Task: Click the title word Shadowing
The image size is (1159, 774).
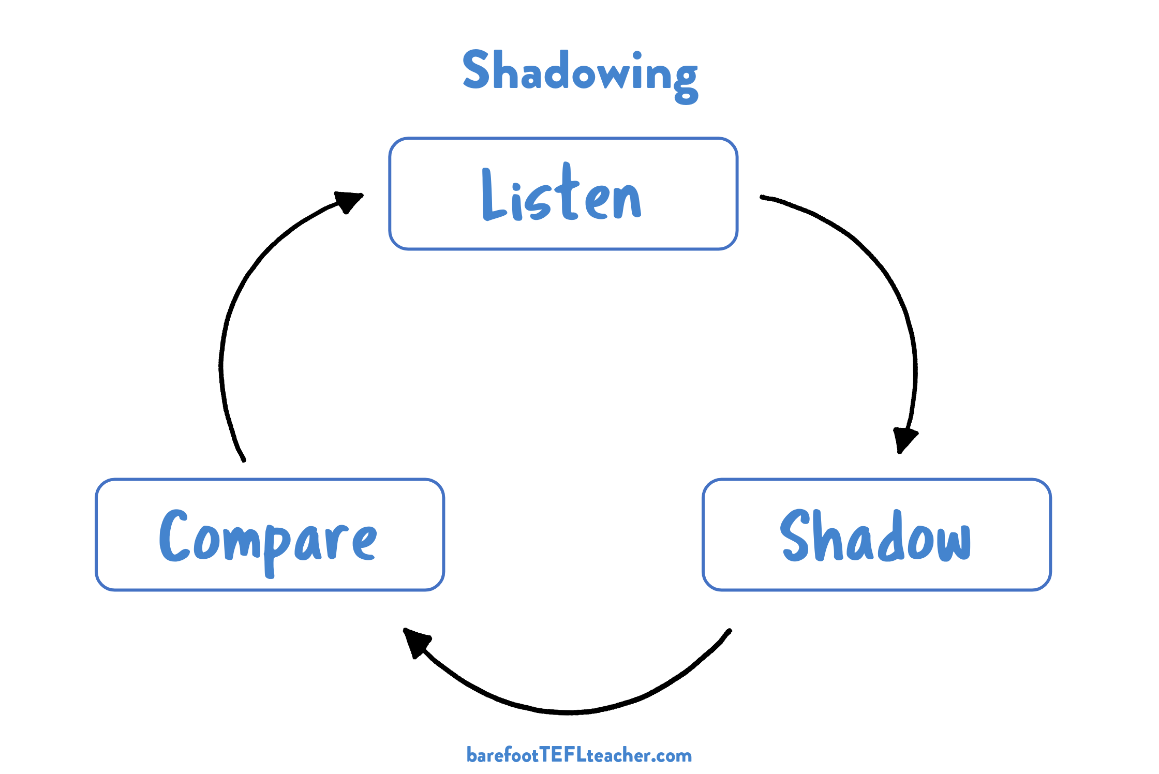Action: coord(580,72)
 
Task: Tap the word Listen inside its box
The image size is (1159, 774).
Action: coord(562,195)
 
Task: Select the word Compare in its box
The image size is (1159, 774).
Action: coord(268,538)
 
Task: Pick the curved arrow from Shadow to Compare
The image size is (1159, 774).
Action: coord(569,712)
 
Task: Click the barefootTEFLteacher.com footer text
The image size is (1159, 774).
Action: coord(579,755)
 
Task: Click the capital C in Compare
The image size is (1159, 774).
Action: coord(173,536)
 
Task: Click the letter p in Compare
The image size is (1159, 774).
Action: coord(275,548)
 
